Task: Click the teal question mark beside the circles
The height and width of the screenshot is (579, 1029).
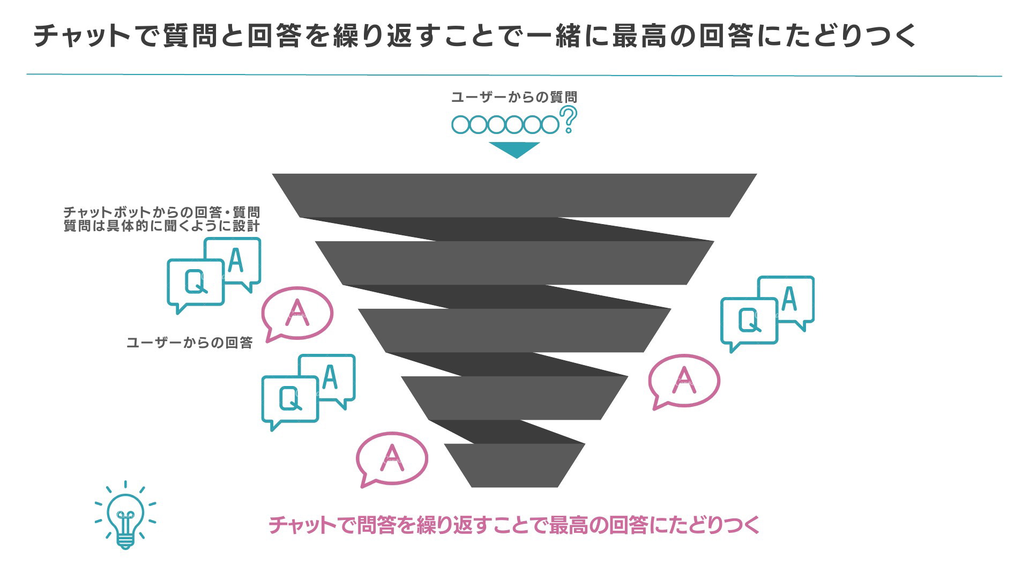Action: (568, 119)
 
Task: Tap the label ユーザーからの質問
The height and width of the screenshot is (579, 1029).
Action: (514, 97)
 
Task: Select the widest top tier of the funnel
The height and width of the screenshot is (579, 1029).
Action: (514, 195)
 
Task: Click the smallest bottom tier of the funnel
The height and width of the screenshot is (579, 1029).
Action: (514, 465)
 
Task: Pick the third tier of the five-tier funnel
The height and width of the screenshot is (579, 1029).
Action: (514, 330)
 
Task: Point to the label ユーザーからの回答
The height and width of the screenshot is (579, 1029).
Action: (189, 343)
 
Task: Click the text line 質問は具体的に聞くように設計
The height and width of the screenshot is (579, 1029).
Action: (161, 226)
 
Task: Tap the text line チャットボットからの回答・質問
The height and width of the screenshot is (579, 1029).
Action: (161, 213)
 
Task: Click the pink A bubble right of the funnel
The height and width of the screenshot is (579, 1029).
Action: (684, 381)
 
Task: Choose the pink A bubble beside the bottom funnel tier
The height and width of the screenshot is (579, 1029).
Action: (392, 459)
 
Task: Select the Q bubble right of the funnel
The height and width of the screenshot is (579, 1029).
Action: (748, 322)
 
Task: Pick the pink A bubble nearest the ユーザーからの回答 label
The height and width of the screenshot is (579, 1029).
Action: (297, 313)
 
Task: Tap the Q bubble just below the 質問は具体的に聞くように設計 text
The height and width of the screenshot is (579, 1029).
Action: (195, 283)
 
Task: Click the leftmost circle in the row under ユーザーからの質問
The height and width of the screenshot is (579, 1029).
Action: (460, 125)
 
